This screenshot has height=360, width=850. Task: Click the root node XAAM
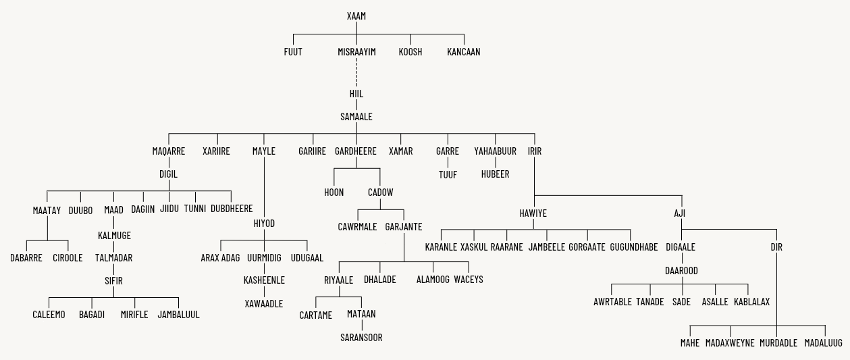(356, 16)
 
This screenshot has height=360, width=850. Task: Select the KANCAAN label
(464, 51)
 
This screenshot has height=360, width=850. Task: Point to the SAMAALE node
(356, 117)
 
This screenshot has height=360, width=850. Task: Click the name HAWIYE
(533, 213)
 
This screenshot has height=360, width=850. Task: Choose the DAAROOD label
(681, 271)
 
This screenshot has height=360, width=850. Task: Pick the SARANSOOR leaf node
(361, 338)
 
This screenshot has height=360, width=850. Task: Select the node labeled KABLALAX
(751, 302)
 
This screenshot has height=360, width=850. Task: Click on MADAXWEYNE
(730, 343)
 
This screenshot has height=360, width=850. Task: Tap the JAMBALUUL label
(179, 315)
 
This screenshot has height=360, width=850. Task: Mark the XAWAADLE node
(264, 304)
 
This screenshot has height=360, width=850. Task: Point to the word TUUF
(448, 174)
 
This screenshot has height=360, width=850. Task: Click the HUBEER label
(496, 174)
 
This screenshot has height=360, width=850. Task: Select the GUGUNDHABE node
(633, 247)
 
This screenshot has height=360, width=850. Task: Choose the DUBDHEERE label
(232, 209)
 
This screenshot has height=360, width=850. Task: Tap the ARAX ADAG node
(220, 258)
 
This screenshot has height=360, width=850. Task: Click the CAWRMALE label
(357, 227)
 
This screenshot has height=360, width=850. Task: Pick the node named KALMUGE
(114, 236)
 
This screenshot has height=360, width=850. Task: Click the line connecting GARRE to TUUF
(448, 163)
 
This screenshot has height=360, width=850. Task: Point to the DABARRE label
(26, 258)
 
